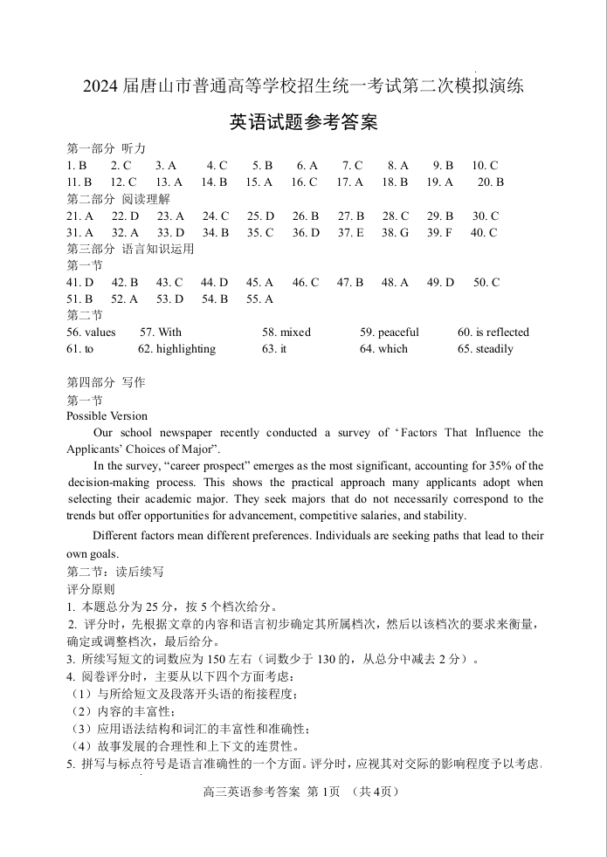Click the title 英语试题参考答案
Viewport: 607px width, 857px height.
pyautogui.click(x=303, y=123)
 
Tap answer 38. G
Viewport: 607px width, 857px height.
pyautogui.click(x=395, y=232)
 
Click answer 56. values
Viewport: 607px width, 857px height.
pyautogui.click(x=91, y=332)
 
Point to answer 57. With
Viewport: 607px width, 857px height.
pyautogui.click(x=161, y=332)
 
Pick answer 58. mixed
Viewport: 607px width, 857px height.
pyautogui.click(x=286, y=332)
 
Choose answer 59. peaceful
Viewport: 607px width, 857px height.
pyautogui.click(x=389, y=332)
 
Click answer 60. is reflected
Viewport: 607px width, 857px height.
pyautogui.click(x=493, y=332)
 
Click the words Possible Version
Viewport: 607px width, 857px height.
pyautogui.click(x=107, y=415)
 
